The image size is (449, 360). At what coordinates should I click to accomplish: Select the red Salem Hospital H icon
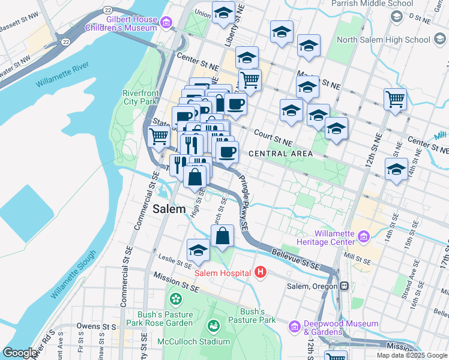[x=260, y=273]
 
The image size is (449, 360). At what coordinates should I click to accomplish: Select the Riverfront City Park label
[x=139, y=97]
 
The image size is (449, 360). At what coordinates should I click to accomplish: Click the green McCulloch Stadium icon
[x=212, y=326]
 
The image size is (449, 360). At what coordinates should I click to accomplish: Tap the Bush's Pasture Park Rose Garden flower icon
[x=175, y=298]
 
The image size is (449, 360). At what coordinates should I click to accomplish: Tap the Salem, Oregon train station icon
[x=344, y=286]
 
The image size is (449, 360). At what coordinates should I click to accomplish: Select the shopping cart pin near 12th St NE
[x=395, y=100]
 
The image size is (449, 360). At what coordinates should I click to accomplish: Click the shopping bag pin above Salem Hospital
[x=222, y=236]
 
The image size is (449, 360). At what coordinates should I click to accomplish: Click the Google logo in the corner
[x=20, y=353]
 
